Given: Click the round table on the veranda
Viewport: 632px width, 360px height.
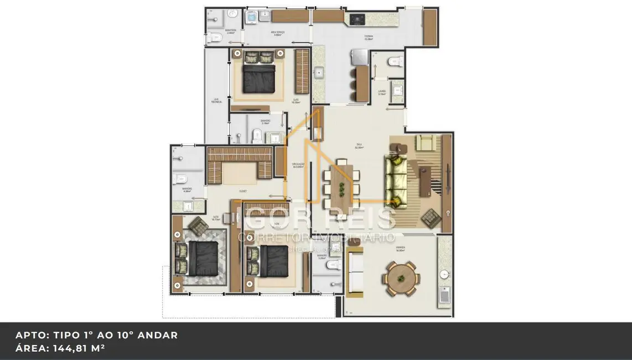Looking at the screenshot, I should (x=402, y=279).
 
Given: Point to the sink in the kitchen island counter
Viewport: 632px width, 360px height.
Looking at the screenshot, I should (x=319, y=72).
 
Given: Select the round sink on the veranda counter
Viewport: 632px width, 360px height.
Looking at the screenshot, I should (x=444, y=274).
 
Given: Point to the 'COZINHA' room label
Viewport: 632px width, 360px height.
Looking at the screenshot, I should (x=369, y=37).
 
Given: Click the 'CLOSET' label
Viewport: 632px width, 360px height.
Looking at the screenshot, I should (x=242, y=192).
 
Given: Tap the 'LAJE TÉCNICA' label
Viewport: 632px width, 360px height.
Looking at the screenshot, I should (x=216, y=101).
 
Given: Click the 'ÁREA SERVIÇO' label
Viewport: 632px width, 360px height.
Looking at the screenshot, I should (x=278, y=33).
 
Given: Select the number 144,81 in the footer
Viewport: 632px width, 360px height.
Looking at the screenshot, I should (x=72, y=348).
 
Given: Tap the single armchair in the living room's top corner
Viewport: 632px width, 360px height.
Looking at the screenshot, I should (x=426, y=142).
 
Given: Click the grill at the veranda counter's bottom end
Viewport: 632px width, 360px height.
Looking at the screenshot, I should (x=444, y=296).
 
